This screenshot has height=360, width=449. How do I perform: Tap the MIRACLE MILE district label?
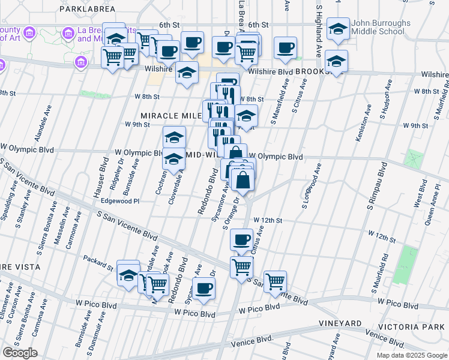coord(167,115)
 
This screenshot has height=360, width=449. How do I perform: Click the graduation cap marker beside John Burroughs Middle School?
coord(339,29)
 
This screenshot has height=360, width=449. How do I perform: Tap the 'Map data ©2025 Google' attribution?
coord(412,355)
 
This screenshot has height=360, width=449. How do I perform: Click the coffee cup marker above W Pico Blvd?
coord(203,288)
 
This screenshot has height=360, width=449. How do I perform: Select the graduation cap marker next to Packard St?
coord(128,275)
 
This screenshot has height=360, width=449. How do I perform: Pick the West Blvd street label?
coord(417,197)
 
